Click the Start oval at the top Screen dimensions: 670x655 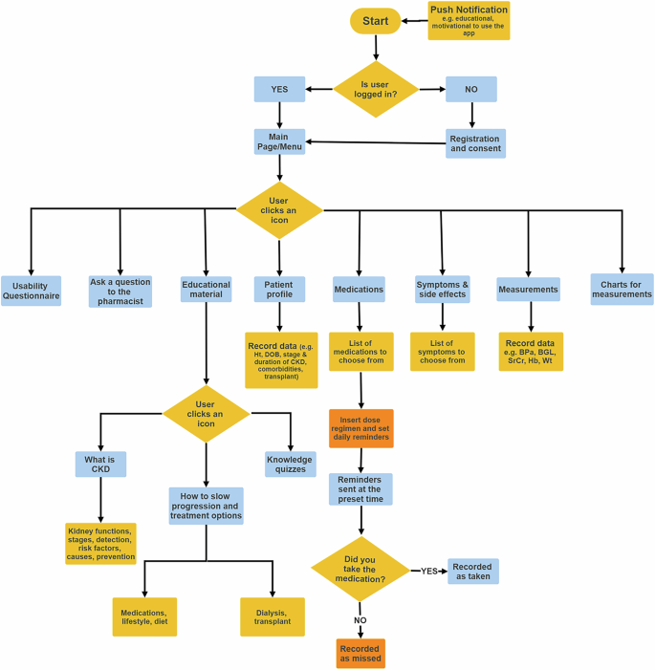tap(376, 20)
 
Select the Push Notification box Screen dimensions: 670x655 tap(469, 20)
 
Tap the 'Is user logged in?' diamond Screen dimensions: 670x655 tap(376, 90)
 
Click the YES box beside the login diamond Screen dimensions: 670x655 tap(279, 90)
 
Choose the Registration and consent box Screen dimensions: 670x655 tap(474, 143)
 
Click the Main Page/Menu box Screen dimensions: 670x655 tap(279, 141)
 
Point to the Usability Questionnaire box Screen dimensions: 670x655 tap(31, 290)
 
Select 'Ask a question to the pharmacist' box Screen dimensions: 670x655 tap(120, 290)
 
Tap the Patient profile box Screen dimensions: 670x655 tap(279, 289)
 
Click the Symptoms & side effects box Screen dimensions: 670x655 tap(443, 289)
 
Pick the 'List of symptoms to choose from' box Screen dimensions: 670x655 tap(443, 351)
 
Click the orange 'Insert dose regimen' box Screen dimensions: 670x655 tap(361, 428)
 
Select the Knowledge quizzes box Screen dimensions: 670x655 tap(290, 464)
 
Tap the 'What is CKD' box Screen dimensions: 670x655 tap(100, 465)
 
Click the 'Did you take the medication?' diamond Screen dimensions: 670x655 tap(361, 572)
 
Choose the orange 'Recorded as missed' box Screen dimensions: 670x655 tap(361, 653)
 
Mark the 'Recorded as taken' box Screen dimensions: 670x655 tap(473, 572)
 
